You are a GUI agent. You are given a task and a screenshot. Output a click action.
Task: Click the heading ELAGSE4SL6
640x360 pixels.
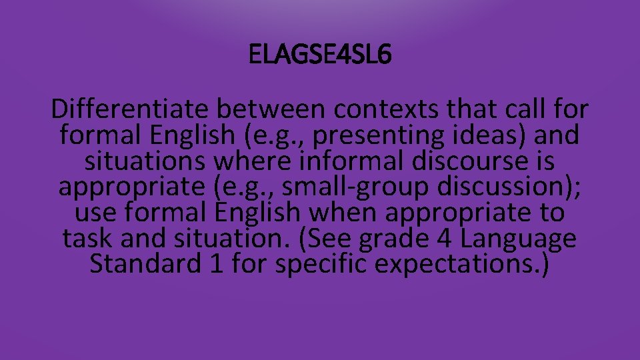click(x=320, y=55)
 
